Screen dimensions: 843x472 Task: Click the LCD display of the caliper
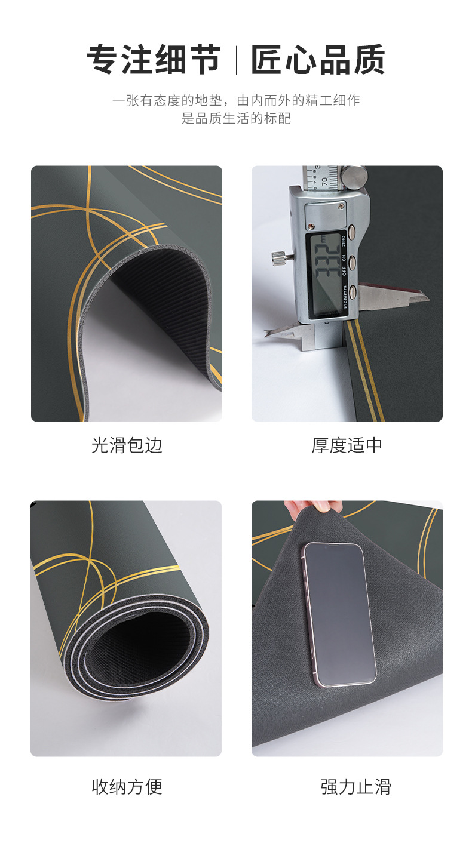325,273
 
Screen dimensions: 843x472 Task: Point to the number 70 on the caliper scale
323,179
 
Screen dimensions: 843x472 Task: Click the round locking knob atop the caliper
357,175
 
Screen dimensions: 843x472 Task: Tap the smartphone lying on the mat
339,614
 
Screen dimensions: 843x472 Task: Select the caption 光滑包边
127,445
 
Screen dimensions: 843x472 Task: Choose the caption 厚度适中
347,445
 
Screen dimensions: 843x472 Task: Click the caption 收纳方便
127,786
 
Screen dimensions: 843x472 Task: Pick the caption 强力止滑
355,786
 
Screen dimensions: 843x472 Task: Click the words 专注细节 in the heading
154,60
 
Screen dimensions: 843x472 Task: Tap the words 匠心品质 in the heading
318,60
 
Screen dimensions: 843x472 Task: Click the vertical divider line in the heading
236,60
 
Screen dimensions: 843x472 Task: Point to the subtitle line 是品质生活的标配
236,118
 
